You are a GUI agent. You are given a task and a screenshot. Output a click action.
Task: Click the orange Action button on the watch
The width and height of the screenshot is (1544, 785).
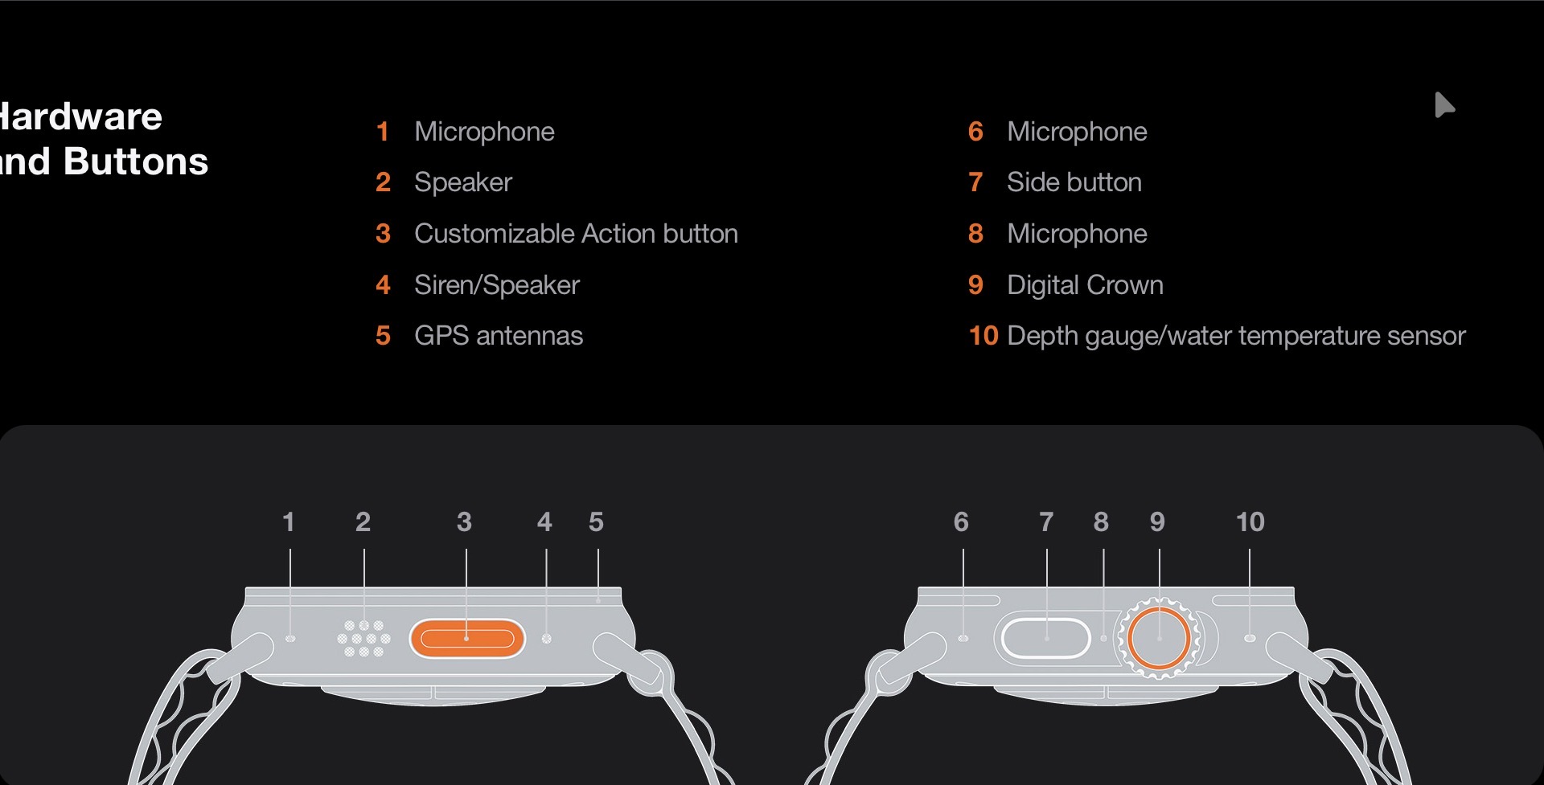[467, 639]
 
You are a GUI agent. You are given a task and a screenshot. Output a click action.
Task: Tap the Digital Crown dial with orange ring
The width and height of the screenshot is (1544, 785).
[1159, 638]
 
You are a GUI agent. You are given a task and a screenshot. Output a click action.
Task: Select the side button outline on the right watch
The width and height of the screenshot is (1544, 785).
[1046, 638]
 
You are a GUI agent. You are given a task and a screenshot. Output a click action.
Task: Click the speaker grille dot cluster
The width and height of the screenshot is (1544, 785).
[363, 639]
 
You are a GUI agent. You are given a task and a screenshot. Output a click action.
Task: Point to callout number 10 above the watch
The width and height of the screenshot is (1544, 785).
[1250, 522]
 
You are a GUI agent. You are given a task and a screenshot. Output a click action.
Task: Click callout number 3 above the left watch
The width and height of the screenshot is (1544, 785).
[464, 522]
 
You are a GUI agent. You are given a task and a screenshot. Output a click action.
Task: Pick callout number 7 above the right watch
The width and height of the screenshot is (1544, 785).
[1046, 522]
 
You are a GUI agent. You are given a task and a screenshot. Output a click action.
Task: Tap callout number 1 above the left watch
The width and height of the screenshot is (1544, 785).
[289, 522]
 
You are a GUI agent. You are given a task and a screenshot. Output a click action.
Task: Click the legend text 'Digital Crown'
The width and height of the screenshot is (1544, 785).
[1085, 285]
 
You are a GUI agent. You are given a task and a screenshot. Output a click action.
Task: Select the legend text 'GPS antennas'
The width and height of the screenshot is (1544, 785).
[499, 336]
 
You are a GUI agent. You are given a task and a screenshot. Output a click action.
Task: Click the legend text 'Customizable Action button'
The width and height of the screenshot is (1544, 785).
[576, 234]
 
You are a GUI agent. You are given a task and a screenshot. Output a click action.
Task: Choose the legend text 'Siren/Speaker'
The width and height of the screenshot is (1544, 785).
[497, 285]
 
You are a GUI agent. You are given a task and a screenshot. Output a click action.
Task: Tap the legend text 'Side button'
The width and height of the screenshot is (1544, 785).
[1074, 182]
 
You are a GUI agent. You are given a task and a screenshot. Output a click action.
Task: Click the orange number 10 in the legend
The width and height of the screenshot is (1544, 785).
[983, 336]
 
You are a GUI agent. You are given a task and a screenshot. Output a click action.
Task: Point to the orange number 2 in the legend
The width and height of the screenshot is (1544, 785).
[383, 182]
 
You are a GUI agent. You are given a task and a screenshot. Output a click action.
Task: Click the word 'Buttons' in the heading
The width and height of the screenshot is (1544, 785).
[136, 161]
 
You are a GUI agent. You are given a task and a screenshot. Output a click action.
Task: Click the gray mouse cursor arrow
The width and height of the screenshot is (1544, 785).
[1444, 104]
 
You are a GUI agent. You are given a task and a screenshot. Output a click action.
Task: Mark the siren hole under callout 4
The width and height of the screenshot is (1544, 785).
[547, 639]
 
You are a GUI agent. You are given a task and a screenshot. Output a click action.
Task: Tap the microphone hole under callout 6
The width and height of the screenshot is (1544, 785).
[963, 638]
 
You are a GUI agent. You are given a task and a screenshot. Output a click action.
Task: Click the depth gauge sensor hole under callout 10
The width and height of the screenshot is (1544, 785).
[1249, 638]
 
